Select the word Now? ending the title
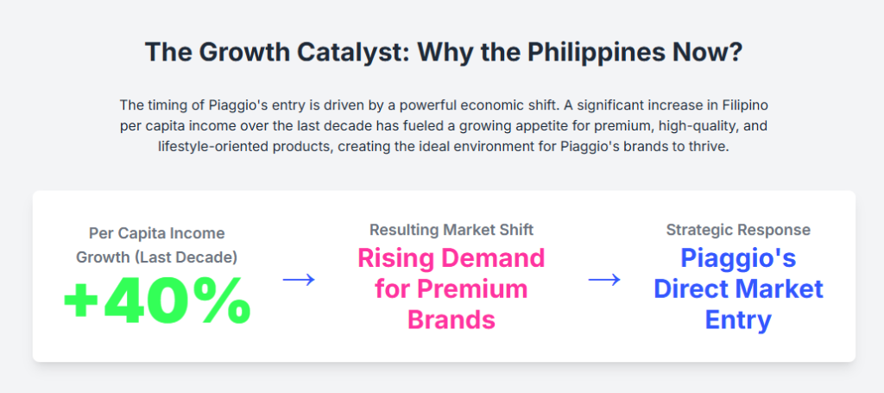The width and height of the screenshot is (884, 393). point(710,53)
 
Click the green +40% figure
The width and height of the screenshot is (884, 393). point(157,301)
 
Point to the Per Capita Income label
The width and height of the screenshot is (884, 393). point(157,233)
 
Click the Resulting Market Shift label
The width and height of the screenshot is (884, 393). point(451,230)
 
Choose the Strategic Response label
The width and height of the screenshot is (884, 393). point(738,230)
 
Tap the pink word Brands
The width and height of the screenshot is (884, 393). point(451,320)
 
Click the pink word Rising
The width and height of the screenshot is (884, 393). point(395,259)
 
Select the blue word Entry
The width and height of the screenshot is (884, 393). point(738,320)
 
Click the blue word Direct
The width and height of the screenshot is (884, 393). point(690,288)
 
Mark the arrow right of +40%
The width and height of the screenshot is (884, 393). point(299,279)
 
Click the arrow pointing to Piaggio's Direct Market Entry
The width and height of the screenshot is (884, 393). point(604,279)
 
